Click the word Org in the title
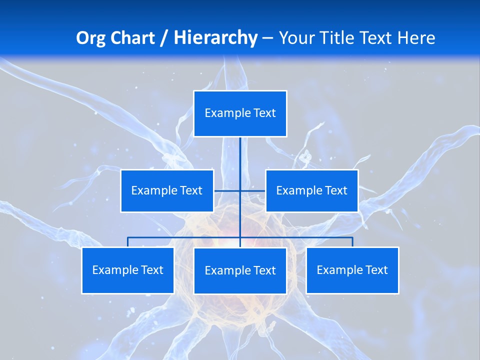[90, 38]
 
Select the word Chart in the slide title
[130, 38]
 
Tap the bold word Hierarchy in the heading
[215, 38]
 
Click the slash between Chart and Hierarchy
[163, 38]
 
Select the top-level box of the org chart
[240, 113]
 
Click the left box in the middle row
[167, 190]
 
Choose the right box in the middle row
[311, 190]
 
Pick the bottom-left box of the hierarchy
[127, 270]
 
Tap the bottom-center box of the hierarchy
[240, 270]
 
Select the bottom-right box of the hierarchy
[352, 270]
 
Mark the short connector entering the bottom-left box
[128, 242]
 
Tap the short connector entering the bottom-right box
[352, 242]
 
